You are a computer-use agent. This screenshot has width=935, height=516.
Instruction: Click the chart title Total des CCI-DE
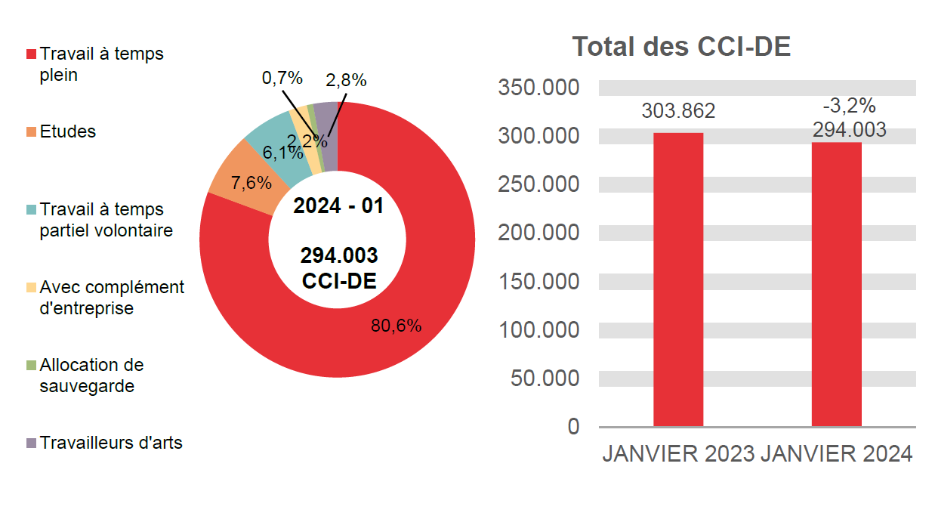pyautogui.click(x=681, y=47)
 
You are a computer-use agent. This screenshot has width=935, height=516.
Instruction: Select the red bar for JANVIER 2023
pyautogui.click(x=677, y=280)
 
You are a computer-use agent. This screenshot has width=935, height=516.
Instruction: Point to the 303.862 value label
pyautogui.click(x=677, y=111)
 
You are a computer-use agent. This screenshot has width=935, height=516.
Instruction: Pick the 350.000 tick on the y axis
pyautogui.click(x=538, y=88)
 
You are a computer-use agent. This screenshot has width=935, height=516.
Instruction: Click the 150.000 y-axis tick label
pyautogui.click(x=538, y=281)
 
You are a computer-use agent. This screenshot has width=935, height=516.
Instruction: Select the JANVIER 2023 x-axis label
pyautogui.click(x=677, y=454)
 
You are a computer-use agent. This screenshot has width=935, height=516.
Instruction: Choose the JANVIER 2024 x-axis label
pyautogui.click(x=837, y=454)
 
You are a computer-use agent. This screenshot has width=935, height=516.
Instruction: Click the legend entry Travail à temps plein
pyautogui.click(x=101, y=65)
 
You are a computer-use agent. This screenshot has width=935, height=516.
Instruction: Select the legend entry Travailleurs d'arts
pyautogui.click(x=110, y=443)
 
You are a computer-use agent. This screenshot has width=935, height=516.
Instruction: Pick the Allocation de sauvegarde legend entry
pyautogui.click(x=91, y=375)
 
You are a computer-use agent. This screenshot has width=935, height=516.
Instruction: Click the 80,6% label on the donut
pyautogui.click(x=396, y=326)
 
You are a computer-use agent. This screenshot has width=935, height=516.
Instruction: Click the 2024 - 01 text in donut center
pyautogui.click(x=338, y=205)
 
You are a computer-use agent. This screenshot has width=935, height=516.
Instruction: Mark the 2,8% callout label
pyautogui.click(x=346, y=80)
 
